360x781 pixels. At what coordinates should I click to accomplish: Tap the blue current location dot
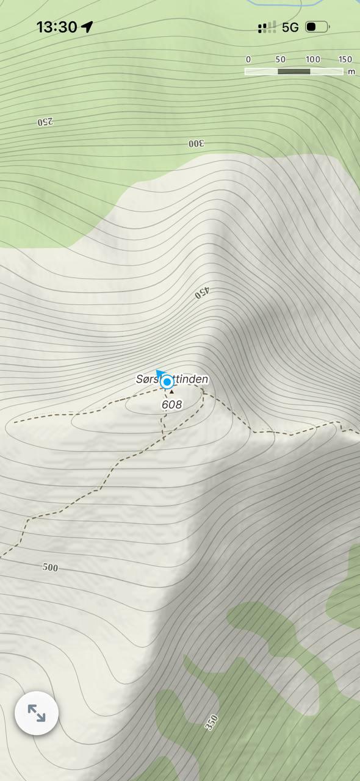167,383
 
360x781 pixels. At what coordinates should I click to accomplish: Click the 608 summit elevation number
171,405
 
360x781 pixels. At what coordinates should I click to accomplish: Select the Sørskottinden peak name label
172,380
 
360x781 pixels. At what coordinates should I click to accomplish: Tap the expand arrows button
37,713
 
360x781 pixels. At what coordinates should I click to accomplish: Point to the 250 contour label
45,121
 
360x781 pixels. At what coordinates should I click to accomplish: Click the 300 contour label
196,143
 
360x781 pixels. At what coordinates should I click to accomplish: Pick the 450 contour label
202,292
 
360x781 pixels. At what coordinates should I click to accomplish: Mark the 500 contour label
50,567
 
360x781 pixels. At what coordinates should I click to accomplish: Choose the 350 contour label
211,723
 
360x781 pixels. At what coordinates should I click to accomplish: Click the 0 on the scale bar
248,59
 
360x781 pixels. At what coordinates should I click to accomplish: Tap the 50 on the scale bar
281,59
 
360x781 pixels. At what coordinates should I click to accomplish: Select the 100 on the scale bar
313,59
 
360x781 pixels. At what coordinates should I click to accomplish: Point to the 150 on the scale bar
345,59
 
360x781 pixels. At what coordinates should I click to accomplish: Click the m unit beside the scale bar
351,72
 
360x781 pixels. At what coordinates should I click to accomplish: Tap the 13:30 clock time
56,27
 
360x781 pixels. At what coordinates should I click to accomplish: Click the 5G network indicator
290,27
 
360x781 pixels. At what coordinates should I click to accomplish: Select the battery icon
317,27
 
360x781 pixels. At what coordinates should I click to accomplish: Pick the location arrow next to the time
87,27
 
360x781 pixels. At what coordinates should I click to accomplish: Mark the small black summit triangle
171,392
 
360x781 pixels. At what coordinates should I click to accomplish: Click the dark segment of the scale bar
294,71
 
